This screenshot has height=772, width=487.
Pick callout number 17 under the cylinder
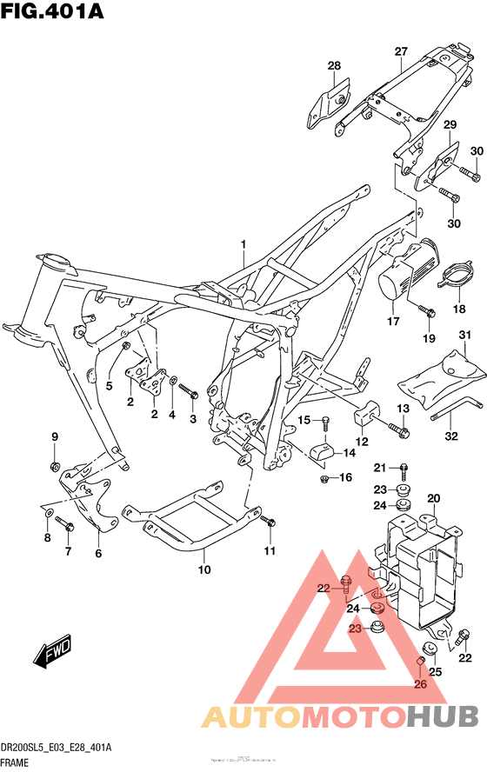392,322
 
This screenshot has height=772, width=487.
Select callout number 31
464,336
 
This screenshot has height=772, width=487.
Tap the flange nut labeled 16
324,477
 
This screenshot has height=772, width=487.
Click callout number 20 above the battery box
434,498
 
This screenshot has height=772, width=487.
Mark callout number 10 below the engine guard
204,570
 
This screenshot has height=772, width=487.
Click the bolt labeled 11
269,522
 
